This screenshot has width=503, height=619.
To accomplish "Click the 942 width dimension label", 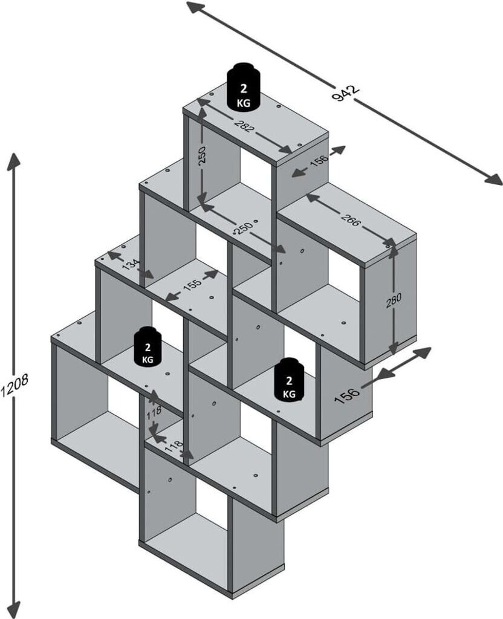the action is pyautogui.click(x=346, y=93).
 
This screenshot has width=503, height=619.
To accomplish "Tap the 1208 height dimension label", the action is pyautogui.click(x=15, y=385).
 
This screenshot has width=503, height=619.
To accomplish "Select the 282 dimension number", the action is pyautogui.click(x=244, y=125).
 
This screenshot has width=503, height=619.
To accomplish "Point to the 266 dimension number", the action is pyautogui.click(x=351, y=220).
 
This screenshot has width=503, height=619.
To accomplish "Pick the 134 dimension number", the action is pyautogui.click(x=131, y=265).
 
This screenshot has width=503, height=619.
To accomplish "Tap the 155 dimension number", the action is pyautogui.click(x=193, y=283).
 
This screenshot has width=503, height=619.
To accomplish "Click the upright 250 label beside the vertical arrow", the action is pyautogui.click(x=202, y=157).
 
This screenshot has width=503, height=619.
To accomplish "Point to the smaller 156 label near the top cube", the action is pyautogui.click(x=319, y=161).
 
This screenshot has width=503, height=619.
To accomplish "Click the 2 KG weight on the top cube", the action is pyautogui.click(x=244, y=86).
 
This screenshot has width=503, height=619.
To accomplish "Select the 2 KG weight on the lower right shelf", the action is pyautogui.click(x=290, y=380).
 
